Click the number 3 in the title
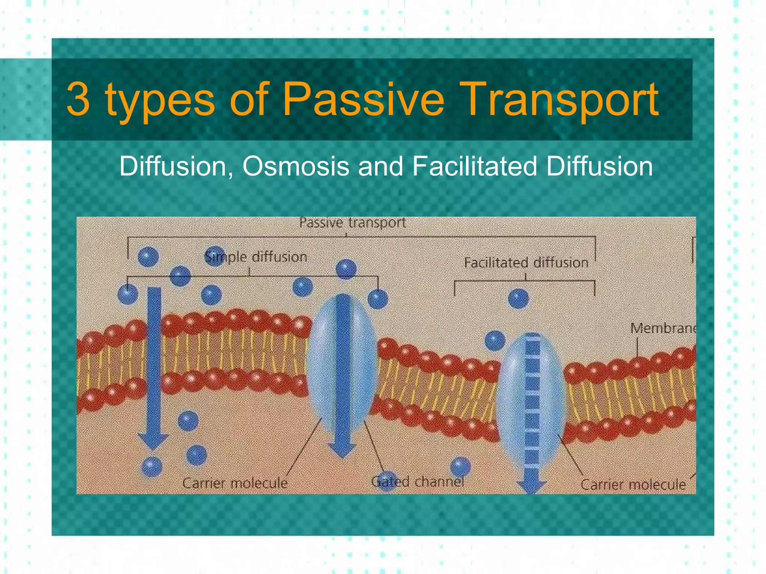(x=78, y=99)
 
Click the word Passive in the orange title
(x=363, y=99)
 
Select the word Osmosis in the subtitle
(x=295, y=166)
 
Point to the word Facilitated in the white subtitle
(x=475, y=166)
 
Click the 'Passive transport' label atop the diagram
(x=352, y=223)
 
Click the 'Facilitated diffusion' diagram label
(x=526, y=263)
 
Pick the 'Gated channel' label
(x=418, y=482)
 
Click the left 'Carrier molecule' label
(x=235, y=483)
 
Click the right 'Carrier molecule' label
(x=633, y=485)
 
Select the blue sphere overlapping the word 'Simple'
(x=215, y=256)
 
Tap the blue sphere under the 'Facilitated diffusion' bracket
(x=518, y=298)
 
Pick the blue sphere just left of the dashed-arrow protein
(x=495, y=340)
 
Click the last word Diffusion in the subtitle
(x=599, y=166)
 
